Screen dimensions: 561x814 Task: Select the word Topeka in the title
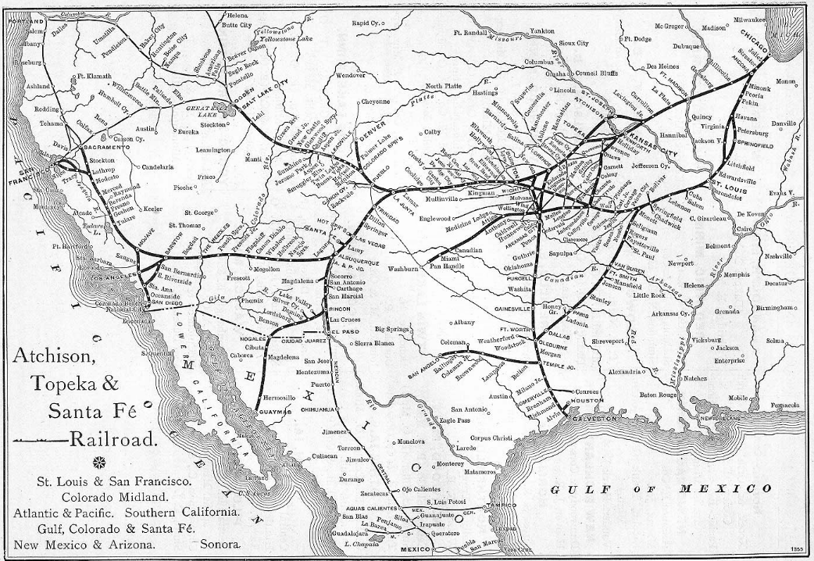[71, 382]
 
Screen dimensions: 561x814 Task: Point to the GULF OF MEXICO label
[661, 489]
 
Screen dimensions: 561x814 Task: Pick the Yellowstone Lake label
[286, 38]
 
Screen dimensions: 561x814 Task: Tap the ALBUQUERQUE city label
[359, 263]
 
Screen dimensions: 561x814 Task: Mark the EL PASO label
[345, 332]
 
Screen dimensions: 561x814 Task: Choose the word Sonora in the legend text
[221, 542]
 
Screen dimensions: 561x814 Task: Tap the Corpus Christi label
[492, 439]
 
